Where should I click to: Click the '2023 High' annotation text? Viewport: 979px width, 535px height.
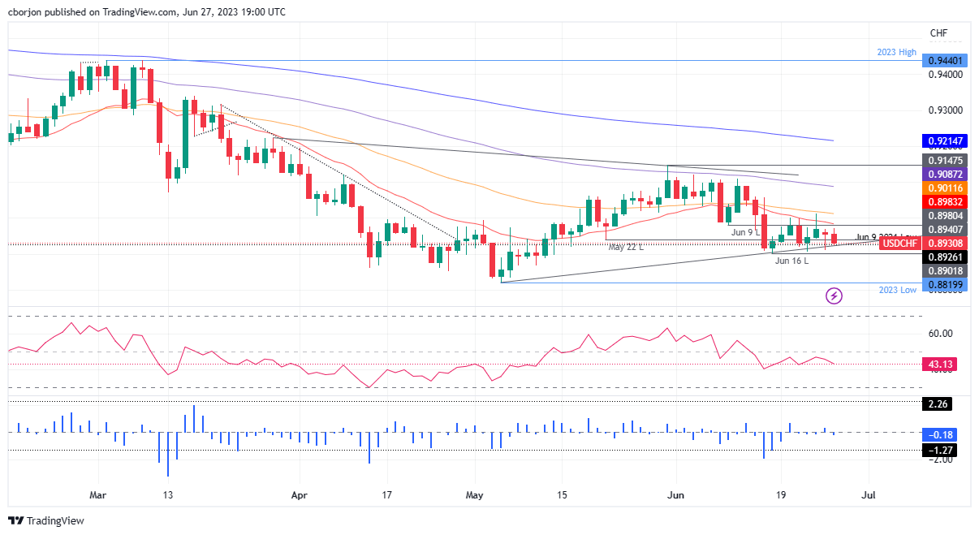pos(896,52)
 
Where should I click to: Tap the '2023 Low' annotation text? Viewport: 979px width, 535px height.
pos(897,290)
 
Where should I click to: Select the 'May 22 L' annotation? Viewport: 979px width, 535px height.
pos(626,247)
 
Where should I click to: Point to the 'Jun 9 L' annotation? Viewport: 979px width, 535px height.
pos(745,233)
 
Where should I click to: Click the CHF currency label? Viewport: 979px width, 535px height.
pos(938,32)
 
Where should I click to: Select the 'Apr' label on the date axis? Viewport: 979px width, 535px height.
pos(300,494)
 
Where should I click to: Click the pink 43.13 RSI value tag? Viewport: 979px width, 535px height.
pos(941,365)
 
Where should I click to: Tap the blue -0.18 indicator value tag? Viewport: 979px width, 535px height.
pos(941,434)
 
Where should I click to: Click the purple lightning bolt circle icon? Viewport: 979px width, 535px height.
pos(834,296)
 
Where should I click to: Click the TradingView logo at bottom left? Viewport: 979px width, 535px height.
pos(46,520)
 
